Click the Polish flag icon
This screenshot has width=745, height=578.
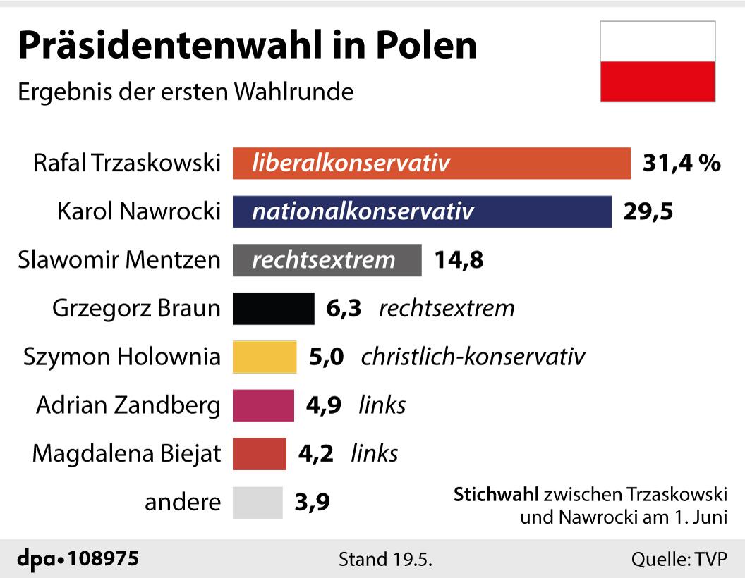click(x=658, y=61)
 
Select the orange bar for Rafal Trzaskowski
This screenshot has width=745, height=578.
click(x=431, y=164)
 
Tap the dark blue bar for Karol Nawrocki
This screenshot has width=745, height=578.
click(x=422, y=211)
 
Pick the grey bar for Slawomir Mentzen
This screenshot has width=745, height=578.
click(x=327, y=260)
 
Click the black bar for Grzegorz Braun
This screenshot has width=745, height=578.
click(x=273, y=309)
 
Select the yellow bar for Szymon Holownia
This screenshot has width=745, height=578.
click(x=265, y=357)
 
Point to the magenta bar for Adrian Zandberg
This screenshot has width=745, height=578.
click(x=263, y=405)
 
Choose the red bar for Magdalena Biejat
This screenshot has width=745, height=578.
click(x=260, y=453)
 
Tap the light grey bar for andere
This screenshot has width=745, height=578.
click(x=258, y=503)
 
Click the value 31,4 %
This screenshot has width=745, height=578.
click(x=682, y=164)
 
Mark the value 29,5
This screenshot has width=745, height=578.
click(x=648, y=211)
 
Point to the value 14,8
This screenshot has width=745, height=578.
click(x=459, y=260)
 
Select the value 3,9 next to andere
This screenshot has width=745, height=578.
click(x=313, y=503)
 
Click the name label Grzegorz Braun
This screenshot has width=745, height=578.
click(x=136, y=309)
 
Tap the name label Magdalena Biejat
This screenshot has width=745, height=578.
click(x=126, y=453)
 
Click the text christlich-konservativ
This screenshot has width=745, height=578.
click(x=473, y=357)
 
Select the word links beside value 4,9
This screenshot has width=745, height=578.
click(x=382, y=405)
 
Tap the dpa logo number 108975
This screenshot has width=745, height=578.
click(x=103, y=559)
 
